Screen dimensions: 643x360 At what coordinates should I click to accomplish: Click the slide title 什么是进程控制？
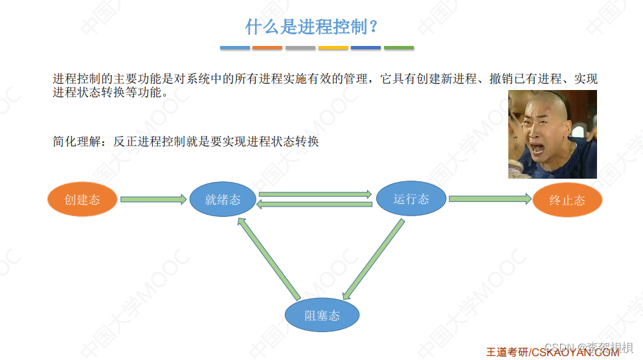point(311,27)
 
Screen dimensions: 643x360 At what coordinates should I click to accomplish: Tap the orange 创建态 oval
point(82,199)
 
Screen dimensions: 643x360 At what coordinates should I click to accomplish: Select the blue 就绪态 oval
point(222,199)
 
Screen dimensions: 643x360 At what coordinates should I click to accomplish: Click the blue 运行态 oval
point(411,199)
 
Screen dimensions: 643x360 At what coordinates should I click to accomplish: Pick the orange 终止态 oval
point(567,200)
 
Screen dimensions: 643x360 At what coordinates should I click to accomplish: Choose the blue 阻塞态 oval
point(322,316)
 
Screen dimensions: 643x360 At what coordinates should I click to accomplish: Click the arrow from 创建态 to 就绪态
point(153,199)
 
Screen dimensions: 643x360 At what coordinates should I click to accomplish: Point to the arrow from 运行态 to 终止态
point(490,199)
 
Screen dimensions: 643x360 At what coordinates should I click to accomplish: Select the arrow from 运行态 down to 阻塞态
point(373,258)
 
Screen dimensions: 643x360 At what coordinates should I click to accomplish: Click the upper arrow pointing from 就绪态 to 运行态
point(315,194)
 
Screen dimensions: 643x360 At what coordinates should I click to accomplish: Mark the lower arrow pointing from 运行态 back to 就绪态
point(315,205)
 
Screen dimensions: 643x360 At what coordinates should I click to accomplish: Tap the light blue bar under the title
point(234,47)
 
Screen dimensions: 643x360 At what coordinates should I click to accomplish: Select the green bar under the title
point(399,47)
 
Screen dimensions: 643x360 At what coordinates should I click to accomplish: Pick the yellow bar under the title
point(333,47)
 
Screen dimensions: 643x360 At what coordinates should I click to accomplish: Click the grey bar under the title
point(300,47)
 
